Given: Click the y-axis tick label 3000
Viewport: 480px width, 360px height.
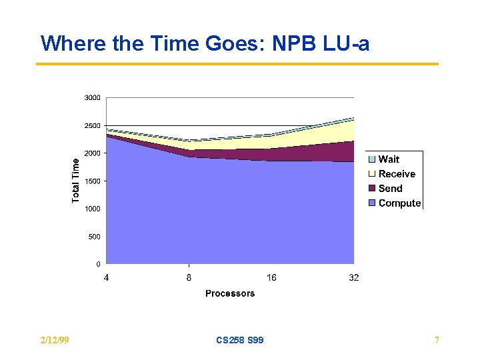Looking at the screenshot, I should pyautogui.click(x=92, y=98).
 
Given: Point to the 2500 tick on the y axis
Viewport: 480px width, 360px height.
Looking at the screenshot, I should pyautogui.click(x=92, y=125).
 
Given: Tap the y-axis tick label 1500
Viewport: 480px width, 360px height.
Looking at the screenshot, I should pyautogui.click(x=92, y=181).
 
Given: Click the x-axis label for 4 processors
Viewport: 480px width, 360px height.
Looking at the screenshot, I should pyautogui.click(x=107, y=277).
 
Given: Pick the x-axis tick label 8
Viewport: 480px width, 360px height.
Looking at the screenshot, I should pyautogui.click(x=189, y=277).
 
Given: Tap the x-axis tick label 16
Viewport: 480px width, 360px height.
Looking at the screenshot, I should pyautogui.click(x=271, y=277).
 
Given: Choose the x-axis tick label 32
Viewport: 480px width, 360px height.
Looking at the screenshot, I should pyautogui.click(x=353, y=277).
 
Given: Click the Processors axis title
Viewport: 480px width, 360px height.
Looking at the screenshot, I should pyautogui.click(x=230, y=293).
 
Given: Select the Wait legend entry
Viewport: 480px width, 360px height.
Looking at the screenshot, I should pyautogui.click(x=389, y=159).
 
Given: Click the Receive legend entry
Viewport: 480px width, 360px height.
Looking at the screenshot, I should pyautogui.click(x=397, y=174).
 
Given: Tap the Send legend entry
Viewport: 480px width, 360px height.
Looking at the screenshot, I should pyautogui.click(x=390, y=189).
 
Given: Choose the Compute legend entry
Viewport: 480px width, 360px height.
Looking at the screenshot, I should pyautogui.click(x=399, y=203).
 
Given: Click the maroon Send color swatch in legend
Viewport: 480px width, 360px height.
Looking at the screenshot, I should pyautogui.click(x=372, y=189).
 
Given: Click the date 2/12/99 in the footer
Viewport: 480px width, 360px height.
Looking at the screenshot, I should pyautogui.click(x=55, y=341).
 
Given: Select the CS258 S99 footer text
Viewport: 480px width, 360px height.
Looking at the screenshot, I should pyautogui.click(x=240, y=341).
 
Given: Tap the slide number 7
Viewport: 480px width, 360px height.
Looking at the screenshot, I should pyautogui.click(x=437, y=341).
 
